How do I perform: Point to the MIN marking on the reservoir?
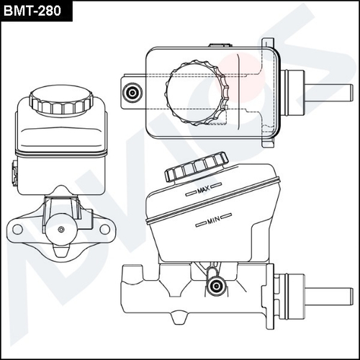tap(212, 220)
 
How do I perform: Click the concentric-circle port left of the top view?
tap(132, 93)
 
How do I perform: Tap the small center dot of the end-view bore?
tap(61, 229)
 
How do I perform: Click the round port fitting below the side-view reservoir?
tap(215, 287)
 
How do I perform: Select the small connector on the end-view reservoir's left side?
tap(14, 173)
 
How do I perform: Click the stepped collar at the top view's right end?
tap(294, 94)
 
